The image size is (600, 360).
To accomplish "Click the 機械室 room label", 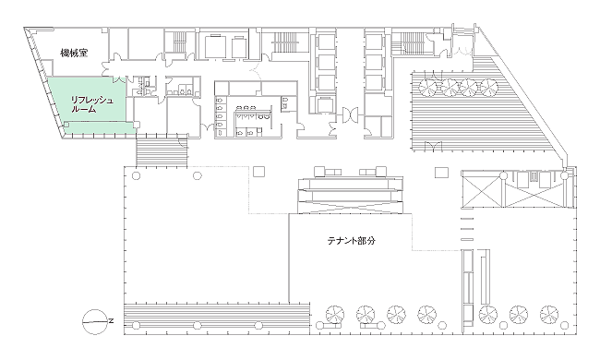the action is pos(74,53).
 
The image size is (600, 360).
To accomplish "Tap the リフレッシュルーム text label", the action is pos(91,104).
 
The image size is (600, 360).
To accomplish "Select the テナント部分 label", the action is pos(352,241).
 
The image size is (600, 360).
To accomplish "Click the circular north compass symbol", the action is pos(95,321).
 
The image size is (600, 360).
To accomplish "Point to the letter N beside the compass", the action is pos(111,321).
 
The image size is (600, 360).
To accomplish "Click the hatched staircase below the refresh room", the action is pos(162,152).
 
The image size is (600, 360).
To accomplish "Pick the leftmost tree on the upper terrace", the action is pos(428,88).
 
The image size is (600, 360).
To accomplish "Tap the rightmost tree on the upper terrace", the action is pos(488,88).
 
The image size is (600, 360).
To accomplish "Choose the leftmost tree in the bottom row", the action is pos(335,315).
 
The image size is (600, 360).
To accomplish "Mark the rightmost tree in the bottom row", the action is pos(549,315).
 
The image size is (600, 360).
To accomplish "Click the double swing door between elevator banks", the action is pos(350,114).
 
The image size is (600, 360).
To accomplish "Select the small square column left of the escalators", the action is pos(259,172).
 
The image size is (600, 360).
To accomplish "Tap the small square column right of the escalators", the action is pos(441,173).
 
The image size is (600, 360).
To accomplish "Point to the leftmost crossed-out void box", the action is pos(481,189).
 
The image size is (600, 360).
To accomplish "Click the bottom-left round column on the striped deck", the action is pos(136,326).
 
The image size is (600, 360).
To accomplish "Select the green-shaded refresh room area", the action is pos(91,107).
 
